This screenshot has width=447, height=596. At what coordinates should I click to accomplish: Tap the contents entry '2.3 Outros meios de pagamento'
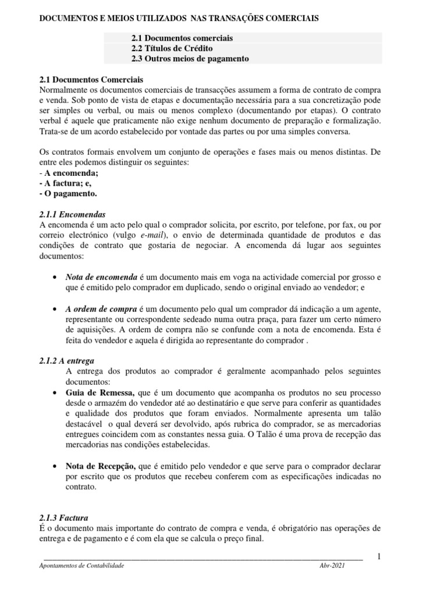pos(190,59)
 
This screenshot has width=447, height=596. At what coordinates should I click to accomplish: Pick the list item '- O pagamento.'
pos(68,193)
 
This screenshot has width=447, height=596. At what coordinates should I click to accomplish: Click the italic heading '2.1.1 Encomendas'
pos(72,214)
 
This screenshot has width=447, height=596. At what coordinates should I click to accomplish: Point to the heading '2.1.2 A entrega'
pos(66,361)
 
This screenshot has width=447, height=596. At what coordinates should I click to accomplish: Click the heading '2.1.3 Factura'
pos(62,517)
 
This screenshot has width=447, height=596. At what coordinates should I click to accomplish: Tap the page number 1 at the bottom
pos(379,557)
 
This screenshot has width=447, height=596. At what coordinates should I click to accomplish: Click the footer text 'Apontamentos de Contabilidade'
pos(81,566)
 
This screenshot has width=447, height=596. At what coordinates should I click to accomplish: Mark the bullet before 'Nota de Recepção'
pos(54,467)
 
